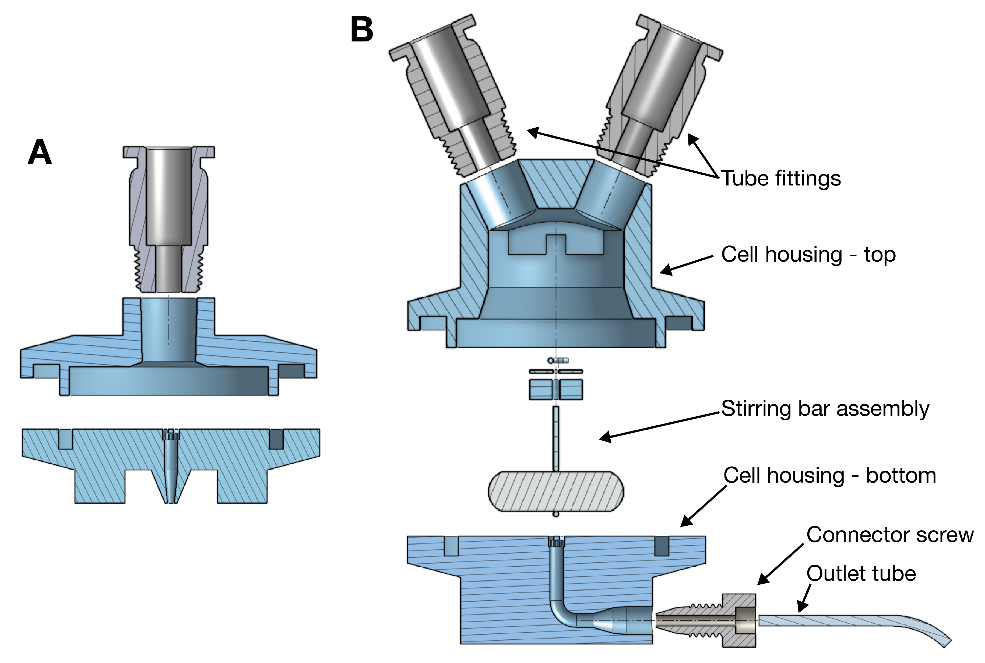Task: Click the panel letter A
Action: (x=40, y=152)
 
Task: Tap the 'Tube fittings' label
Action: (x=781, y=178)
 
